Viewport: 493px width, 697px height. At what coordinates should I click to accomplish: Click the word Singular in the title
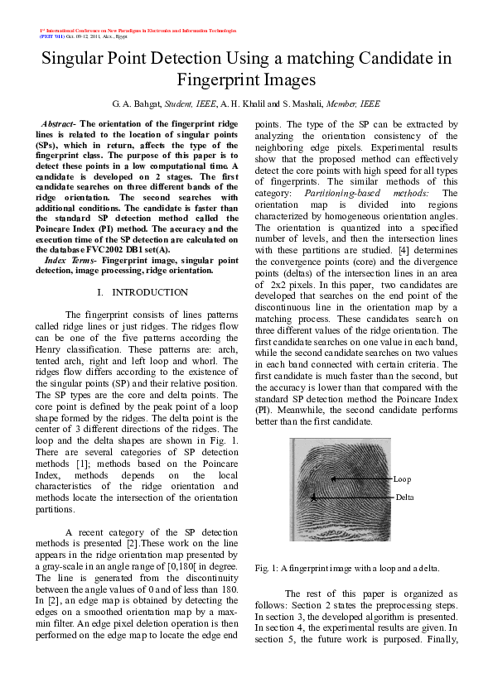(76, 59)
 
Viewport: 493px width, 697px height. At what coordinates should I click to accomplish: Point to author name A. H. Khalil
(244, 105)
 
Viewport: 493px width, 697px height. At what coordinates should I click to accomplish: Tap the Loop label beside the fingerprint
(402, 479)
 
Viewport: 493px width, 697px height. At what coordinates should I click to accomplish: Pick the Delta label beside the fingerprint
(404, 497)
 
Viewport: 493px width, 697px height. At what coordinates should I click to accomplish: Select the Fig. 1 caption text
(346, 568)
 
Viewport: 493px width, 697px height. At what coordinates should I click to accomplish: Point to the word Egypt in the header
(135, 37)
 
